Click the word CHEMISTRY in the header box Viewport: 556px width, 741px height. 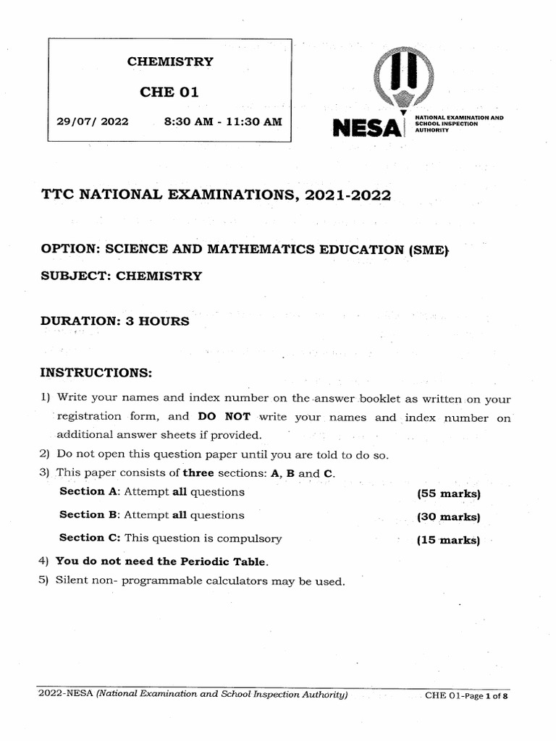point(170,62)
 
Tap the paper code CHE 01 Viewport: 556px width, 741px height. point(169,92)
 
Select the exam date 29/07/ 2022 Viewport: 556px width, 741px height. point(92,122)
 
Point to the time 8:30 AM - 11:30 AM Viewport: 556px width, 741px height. point(223,122)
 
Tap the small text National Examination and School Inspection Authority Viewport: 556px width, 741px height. point(458,124)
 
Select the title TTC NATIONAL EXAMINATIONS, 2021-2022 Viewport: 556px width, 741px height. point(216,195)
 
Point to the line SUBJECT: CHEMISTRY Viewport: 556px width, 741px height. point(122,276)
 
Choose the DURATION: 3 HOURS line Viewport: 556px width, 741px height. point(115,321)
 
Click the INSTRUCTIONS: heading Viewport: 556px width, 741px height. point(96,373)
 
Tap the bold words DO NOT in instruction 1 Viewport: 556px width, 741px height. point(224,417)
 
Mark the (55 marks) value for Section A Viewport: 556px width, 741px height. point(448,494)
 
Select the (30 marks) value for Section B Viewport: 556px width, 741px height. point(448,517)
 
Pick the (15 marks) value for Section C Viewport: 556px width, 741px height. point(448,540)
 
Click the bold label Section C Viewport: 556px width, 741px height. point(81,538)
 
